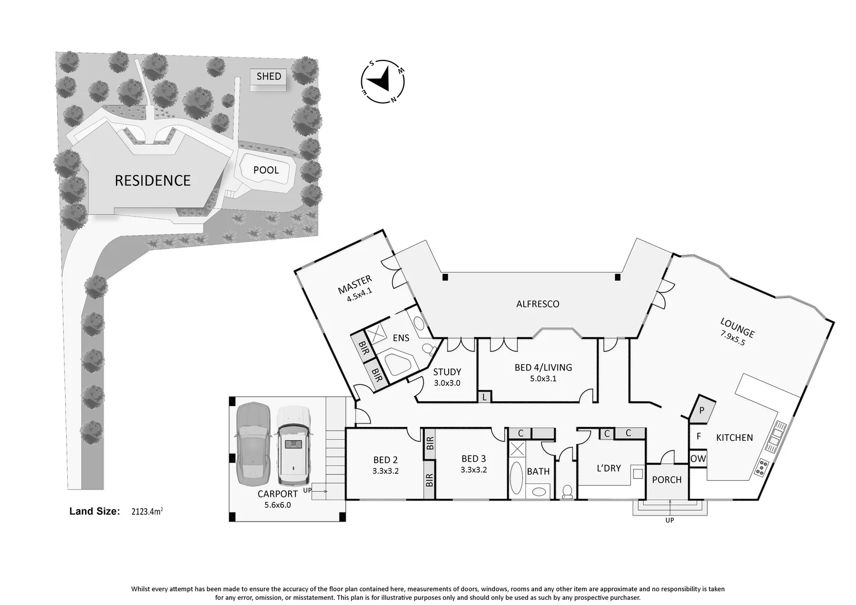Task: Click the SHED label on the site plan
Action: point(268,76)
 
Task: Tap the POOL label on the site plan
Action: point(266,170)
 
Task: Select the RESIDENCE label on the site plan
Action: point(152,180)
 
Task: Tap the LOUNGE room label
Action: point(737,328)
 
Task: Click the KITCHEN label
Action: point(734,438)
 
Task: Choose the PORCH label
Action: point(667,480)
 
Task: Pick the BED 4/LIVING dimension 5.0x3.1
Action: point(543,378)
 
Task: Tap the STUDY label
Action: point(447,372)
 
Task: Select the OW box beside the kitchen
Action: point(697,458)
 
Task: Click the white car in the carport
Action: point(293,445)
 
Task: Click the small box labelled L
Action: point(484,397)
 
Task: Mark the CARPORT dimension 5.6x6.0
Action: point(277,504)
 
